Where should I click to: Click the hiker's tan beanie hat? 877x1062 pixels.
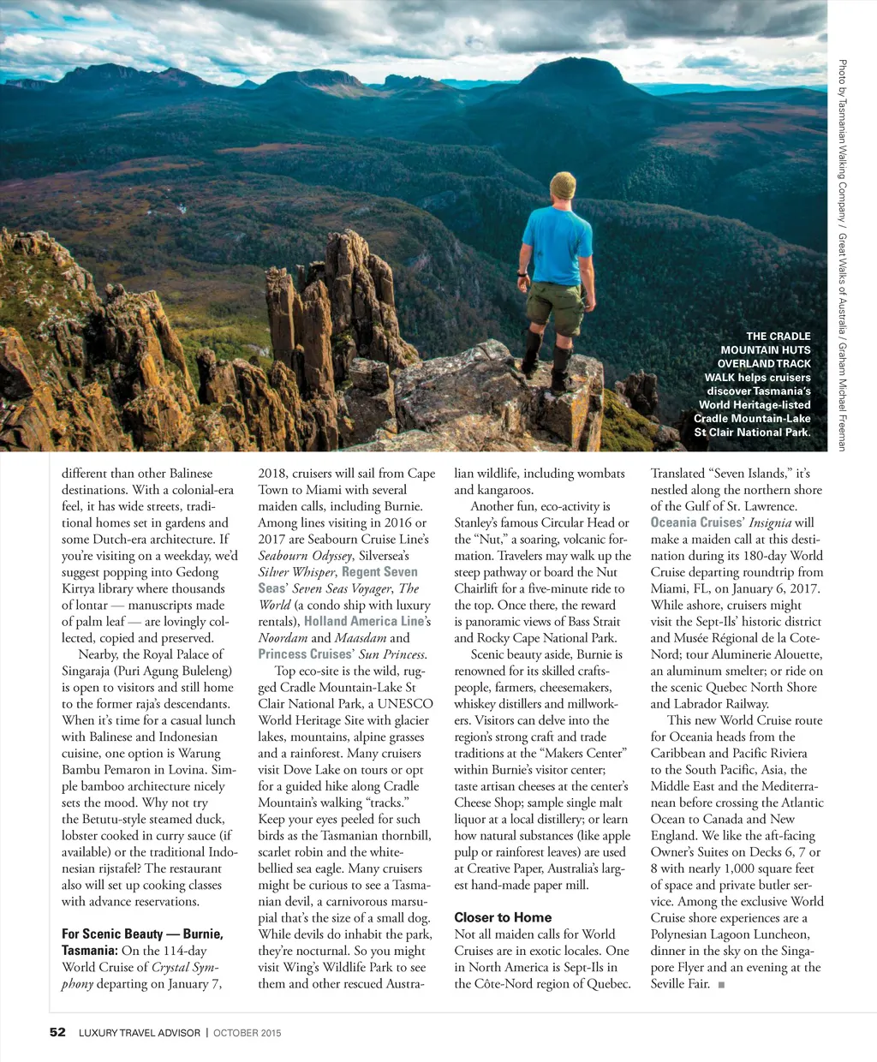[x=563, y=185]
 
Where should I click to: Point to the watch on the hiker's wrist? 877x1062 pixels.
[x=521, y=275]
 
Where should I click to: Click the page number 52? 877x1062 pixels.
[x=57, y=1032]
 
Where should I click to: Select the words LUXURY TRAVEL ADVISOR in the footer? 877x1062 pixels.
[x=140, y=1033]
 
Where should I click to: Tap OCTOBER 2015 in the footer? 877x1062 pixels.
[x=247, y=1033]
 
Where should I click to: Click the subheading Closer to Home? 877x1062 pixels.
[x=503, y=917]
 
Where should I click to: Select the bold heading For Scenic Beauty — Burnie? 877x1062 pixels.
[x=142, y=934]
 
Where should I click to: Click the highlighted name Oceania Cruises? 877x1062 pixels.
[x=696, y=522]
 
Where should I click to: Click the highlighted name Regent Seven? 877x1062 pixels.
[x=379, y=572]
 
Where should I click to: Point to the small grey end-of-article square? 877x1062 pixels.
[x=722, y=985]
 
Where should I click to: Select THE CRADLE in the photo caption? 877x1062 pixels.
[x=778, y=337]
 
